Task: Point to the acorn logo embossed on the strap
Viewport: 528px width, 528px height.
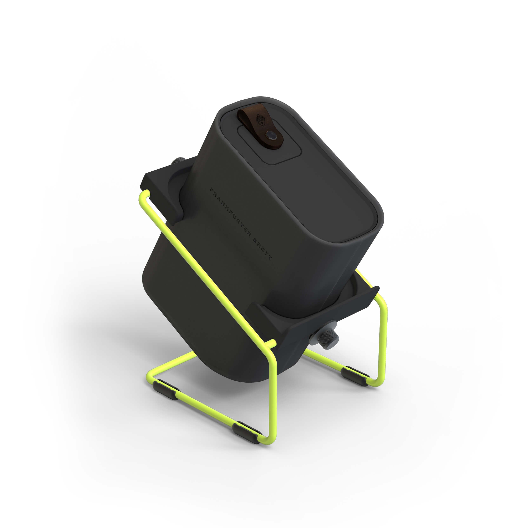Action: click(x=260, y=118)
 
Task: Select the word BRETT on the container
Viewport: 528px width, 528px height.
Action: click(x=262, y=249)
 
